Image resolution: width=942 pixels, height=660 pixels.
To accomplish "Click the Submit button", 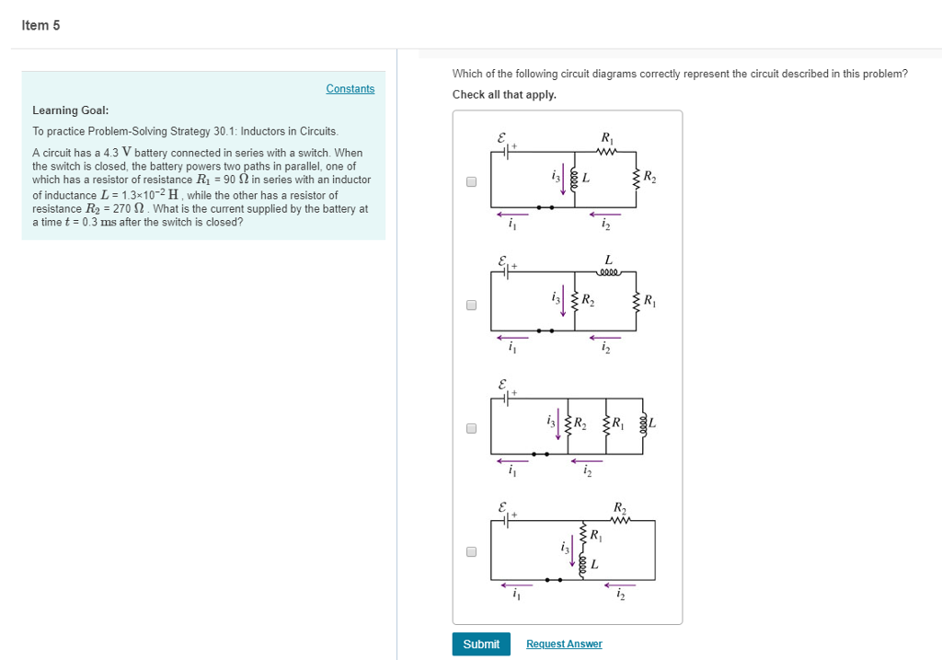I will click(480, 643).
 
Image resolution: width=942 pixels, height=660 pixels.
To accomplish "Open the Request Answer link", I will click(564, 643).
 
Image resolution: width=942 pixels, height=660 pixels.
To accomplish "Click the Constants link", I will click(350, 88).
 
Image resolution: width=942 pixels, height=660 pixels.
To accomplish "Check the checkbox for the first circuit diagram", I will click(471, 182).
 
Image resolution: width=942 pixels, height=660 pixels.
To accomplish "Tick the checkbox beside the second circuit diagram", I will click(471, 305).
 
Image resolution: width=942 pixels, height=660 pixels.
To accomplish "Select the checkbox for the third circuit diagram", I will click(471, 428).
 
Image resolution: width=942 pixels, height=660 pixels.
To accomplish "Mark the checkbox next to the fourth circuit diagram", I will click(471, 551).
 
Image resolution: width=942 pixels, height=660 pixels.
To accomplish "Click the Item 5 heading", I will click(40, 26).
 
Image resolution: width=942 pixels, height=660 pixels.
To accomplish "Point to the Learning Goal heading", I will click(71, 110).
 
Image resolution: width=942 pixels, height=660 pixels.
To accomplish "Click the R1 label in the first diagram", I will click(606, 138).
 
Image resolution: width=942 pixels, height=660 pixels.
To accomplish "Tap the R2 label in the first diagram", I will click(649, 176).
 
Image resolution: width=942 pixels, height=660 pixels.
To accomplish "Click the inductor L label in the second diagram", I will click(608, 260).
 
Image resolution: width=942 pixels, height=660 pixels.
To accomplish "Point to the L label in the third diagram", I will click(653, 423).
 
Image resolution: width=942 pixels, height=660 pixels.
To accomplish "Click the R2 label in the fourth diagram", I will click(619, 507).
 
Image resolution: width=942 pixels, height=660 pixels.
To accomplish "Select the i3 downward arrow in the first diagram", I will click(563, 179).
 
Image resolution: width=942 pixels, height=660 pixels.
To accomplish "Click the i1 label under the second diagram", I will click(513, 347).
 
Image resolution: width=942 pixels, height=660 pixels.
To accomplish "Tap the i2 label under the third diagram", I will click(587, 471).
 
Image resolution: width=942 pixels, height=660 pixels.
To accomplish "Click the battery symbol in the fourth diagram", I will click(505, 520).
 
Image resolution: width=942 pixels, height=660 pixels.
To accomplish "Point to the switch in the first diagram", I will click(545, 207).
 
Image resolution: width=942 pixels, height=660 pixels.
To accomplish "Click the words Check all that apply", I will click(504, 95).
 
